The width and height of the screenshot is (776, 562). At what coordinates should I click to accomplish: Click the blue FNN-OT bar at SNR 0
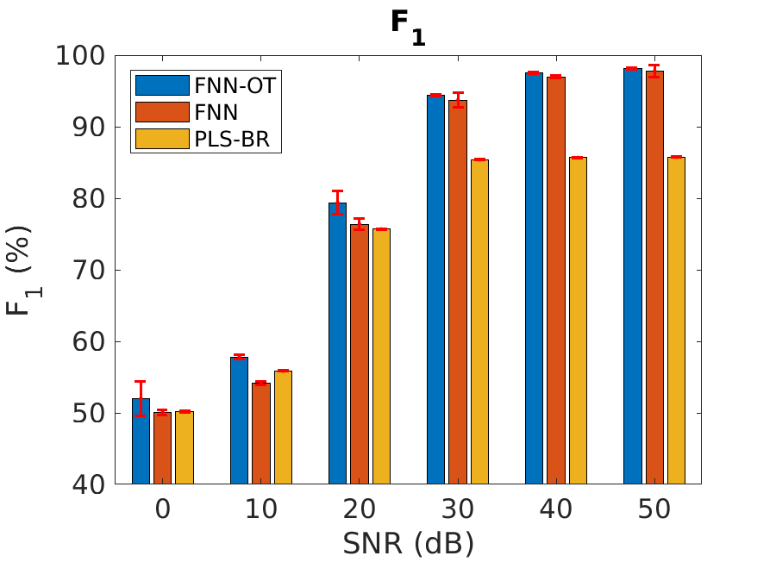(141, 441)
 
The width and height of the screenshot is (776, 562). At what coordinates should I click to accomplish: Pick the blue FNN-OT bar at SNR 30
(435, 290)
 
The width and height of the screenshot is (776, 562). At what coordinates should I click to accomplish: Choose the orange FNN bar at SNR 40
(555, 280)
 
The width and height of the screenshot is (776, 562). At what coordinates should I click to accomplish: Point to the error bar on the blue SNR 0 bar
(141, 397)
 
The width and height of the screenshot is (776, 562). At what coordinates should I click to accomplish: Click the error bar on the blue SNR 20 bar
(337, 203)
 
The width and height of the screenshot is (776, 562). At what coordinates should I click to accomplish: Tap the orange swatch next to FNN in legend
(162, 111)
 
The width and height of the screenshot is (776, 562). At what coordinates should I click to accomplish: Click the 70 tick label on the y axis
(86, 271)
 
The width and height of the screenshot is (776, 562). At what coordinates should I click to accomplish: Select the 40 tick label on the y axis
(86, 484)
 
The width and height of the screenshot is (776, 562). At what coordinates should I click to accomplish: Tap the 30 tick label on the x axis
(457, 509)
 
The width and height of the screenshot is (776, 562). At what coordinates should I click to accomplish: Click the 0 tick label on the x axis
(162, 509)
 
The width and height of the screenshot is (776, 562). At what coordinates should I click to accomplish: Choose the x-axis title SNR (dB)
(408, 543)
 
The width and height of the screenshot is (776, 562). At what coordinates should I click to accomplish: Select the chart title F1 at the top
(408, 22)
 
